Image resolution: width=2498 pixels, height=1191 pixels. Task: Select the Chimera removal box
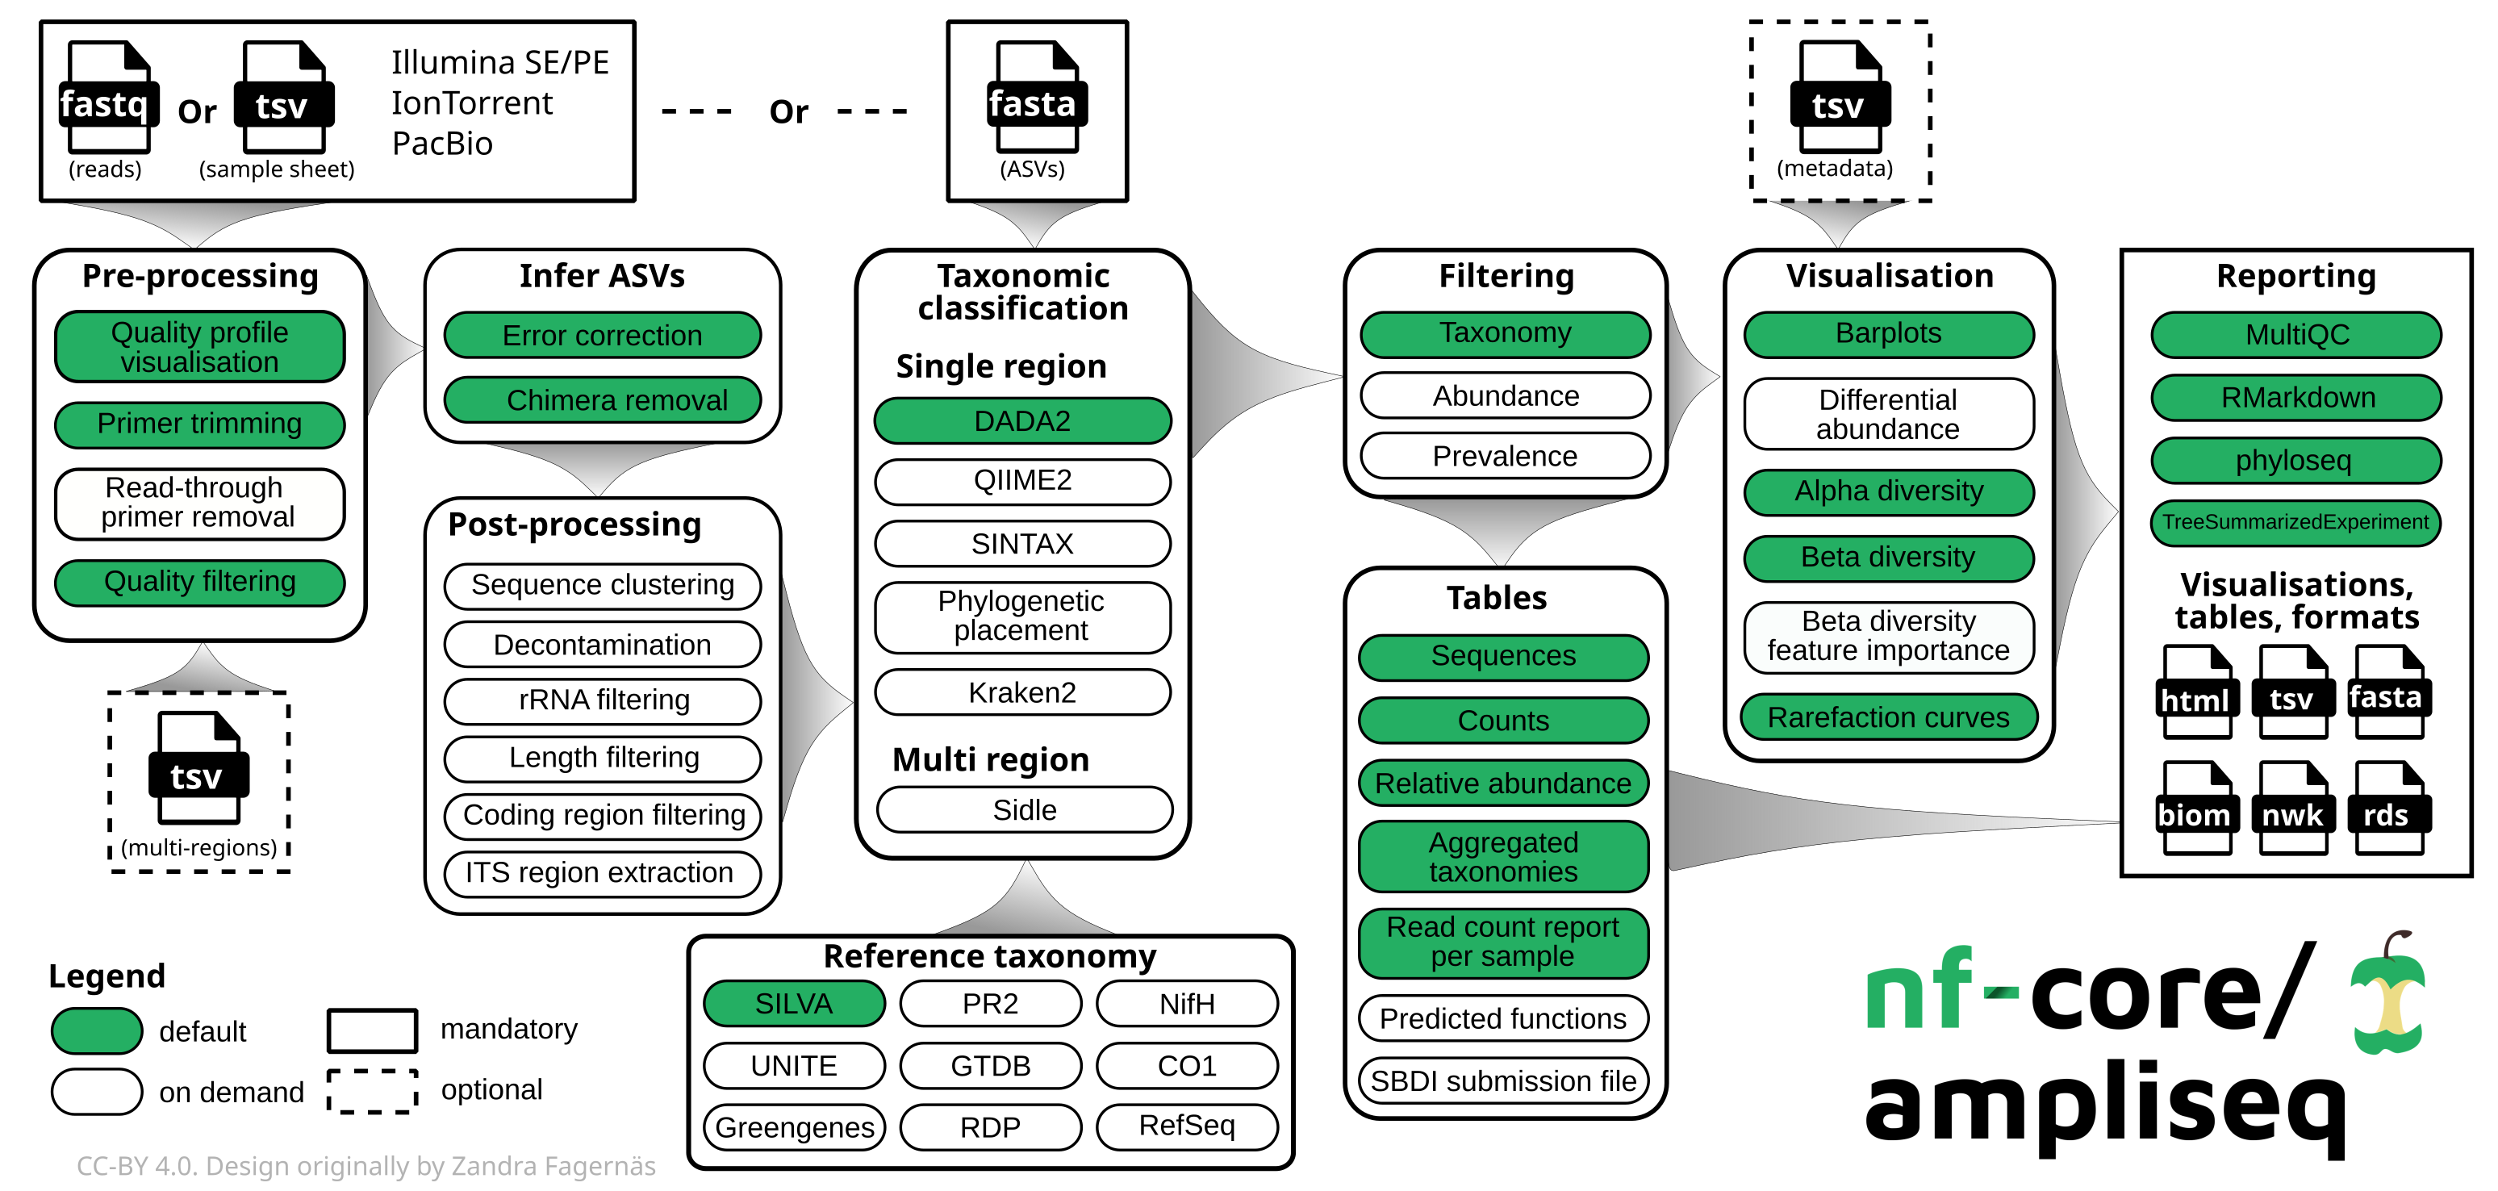602,399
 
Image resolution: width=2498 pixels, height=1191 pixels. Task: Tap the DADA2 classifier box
1022,421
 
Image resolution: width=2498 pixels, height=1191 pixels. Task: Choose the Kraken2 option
1022,692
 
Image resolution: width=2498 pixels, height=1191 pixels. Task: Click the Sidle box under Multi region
1024,810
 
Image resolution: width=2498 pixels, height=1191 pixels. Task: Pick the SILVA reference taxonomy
793,1004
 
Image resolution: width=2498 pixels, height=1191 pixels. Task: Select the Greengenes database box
793,1127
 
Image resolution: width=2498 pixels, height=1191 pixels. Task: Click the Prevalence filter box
1504,456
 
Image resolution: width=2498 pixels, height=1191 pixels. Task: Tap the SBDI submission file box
1503,1080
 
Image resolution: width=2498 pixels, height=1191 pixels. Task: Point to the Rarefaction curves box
1887,717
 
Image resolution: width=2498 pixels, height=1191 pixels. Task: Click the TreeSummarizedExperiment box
2295,523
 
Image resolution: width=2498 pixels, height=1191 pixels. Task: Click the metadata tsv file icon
1839,97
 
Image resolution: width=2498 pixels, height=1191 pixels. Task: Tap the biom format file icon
2195,807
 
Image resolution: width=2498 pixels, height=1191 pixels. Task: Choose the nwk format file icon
2292,807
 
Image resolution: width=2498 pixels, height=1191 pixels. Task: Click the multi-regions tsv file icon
198,768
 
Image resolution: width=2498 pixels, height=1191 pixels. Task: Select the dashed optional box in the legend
373,1091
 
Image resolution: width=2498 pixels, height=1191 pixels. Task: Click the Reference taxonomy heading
989,956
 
